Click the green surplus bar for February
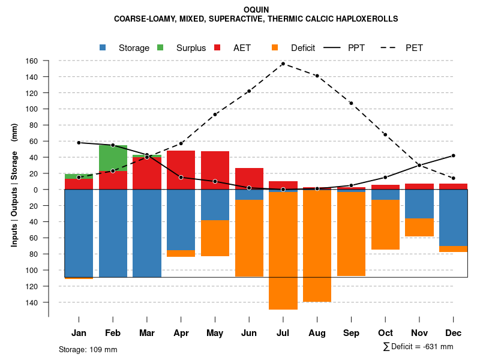point(113,158)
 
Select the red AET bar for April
point(181,170)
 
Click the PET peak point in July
point(283,64)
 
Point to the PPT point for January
point(79,143)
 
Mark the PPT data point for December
point(453,155)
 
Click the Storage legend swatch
point(103,48)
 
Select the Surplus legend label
point(191,48)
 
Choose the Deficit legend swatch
point(275,48)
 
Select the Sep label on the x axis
point(351,333)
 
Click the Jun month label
point(249,333)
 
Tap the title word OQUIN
point(257,10)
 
